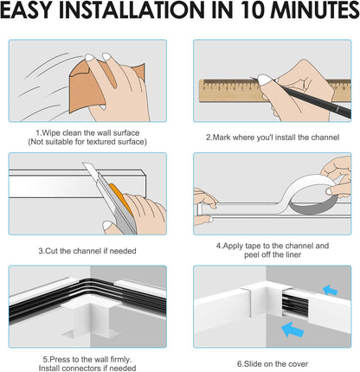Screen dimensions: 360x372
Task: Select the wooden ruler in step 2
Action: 274,91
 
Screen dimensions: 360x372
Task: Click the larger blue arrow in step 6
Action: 292,330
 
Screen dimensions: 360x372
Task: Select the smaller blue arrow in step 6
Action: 331,290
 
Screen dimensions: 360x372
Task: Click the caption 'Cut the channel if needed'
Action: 87,251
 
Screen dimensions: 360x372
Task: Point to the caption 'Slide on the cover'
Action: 273,364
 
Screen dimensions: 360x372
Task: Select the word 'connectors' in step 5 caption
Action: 80,369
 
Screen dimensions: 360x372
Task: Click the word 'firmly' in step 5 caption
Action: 121,360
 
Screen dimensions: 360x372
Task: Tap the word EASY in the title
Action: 29,10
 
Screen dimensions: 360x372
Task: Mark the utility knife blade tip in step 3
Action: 83,164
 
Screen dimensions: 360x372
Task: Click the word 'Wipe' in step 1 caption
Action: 51,133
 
